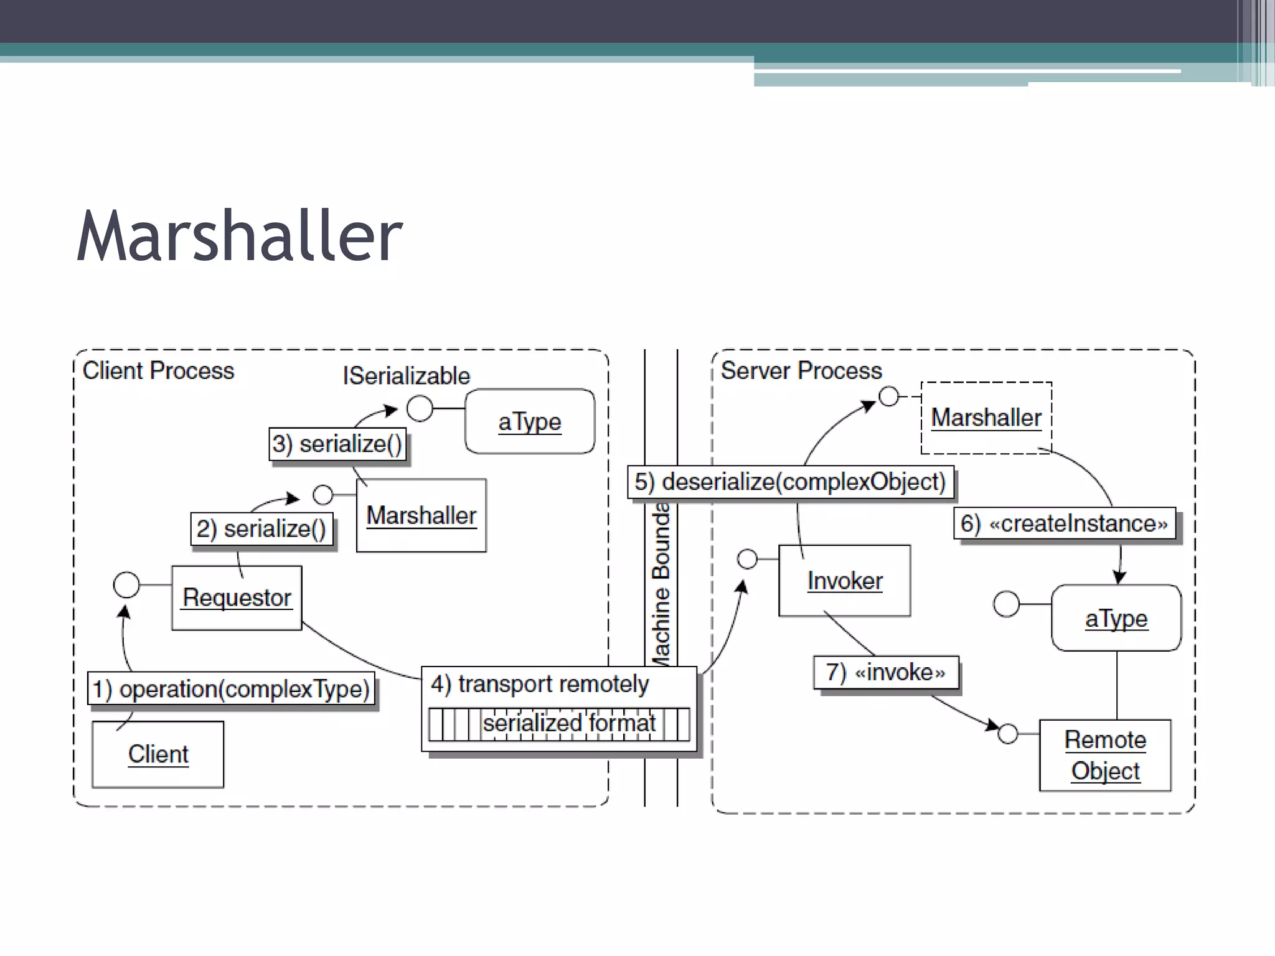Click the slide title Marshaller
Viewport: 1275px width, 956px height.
point(240,237)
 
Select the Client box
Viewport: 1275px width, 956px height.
point(158,754)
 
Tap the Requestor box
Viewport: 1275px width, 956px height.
point(237,597)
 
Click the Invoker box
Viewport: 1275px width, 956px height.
point(844,581)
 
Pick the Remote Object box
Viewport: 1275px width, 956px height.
point(1105,755)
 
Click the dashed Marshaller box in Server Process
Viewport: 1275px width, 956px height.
point(986,418)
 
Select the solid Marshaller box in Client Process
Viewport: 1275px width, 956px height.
point(421,515)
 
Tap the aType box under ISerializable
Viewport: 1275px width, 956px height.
point(530,421)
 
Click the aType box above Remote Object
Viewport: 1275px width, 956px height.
point(1116,618)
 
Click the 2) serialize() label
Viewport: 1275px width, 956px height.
point(261,529)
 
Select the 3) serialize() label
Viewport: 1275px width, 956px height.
point(337,444)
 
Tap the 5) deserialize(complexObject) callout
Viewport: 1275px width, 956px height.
point(790,482)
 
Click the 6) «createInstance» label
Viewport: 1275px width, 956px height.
point(1065,523)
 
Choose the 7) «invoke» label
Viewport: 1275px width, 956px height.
point(886,672)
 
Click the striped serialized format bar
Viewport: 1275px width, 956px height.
point(558,724)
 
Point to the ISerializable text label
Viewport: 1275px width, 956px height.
point(406,376)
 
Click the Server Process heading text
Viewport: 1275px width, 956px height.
point(801,370)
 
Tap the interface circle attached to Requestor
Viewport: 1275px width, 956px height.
point(126,585)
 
